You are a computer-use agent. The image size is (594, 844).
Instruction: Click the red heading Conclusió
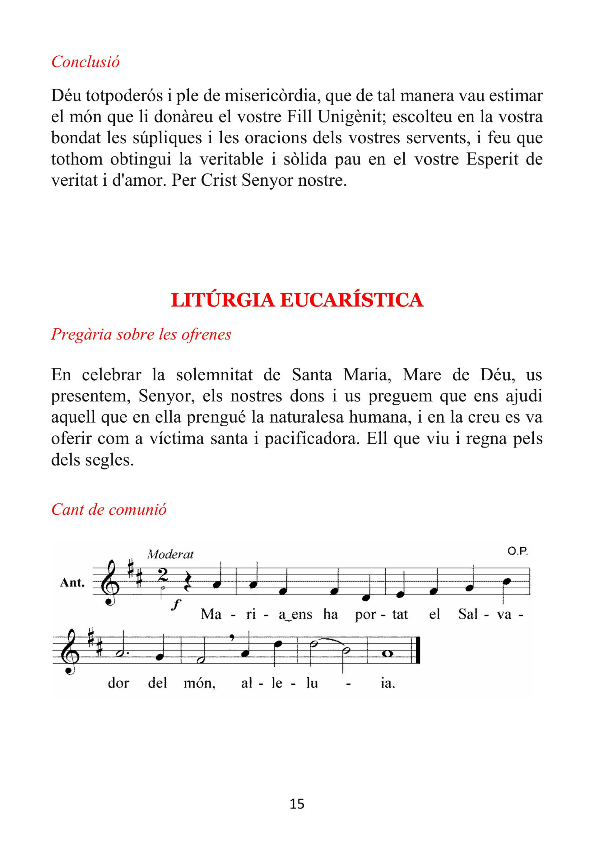[x=85, y=62]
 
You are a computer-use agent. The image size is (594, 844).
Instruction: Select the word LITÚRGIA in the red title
[x=223, y=300]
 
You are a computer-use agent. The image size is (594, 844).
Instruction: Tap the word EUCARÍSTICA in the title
[x=352, y=300]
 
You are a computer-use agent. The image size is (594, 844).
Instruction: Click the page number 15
[x=297, y=804]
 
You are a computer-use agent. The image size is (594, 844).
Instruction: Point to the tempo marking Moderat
[x=170, y=555]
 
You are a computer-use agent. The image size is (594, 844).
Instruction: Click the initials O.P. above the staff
[x=518, y=551]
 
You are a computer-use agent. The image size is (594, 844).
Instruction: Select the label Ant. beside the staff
[x=72, y=583]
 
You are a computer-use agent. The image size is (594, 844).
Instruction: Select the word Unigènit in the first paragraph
[x=351, y=117]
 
